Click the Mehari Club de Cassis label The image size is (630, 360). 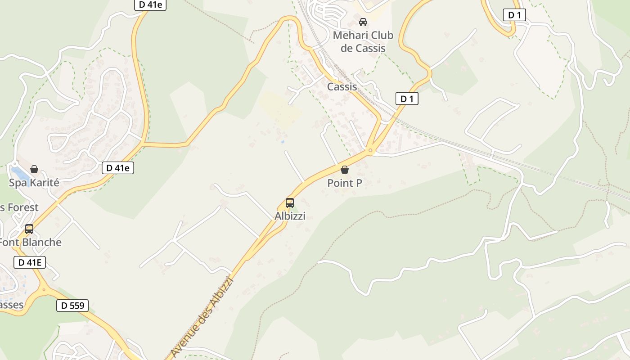point(363,41)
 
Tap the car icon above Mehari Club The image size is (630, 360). point(363,22)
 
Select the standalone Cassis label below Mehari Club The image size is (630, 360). point(342,87)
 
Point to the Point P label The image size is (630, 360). point(345,183)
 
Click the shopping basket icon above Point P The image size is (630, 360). point(345,170)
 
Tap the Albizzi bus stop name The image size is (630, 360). point(290,216)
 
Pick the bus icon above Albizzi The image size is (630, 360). point(290,202)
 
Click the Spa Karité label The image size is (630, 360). point(34,183)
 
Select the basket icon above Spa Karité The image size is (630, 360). point(34,169)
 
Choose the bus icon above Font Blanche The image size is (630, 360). point(29,229)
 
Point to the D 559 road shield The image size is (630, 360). point(72,306)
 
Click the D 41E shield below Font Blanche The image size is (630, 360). point(30,262)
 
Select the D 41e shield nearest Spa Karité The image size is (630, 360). point(118,168)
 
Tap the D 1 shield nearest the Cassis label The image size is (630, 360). point(407,99)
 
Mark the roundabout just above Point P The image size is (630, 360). point(370,150)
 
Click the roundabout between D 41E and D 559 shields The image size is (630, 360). point(44,289)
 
